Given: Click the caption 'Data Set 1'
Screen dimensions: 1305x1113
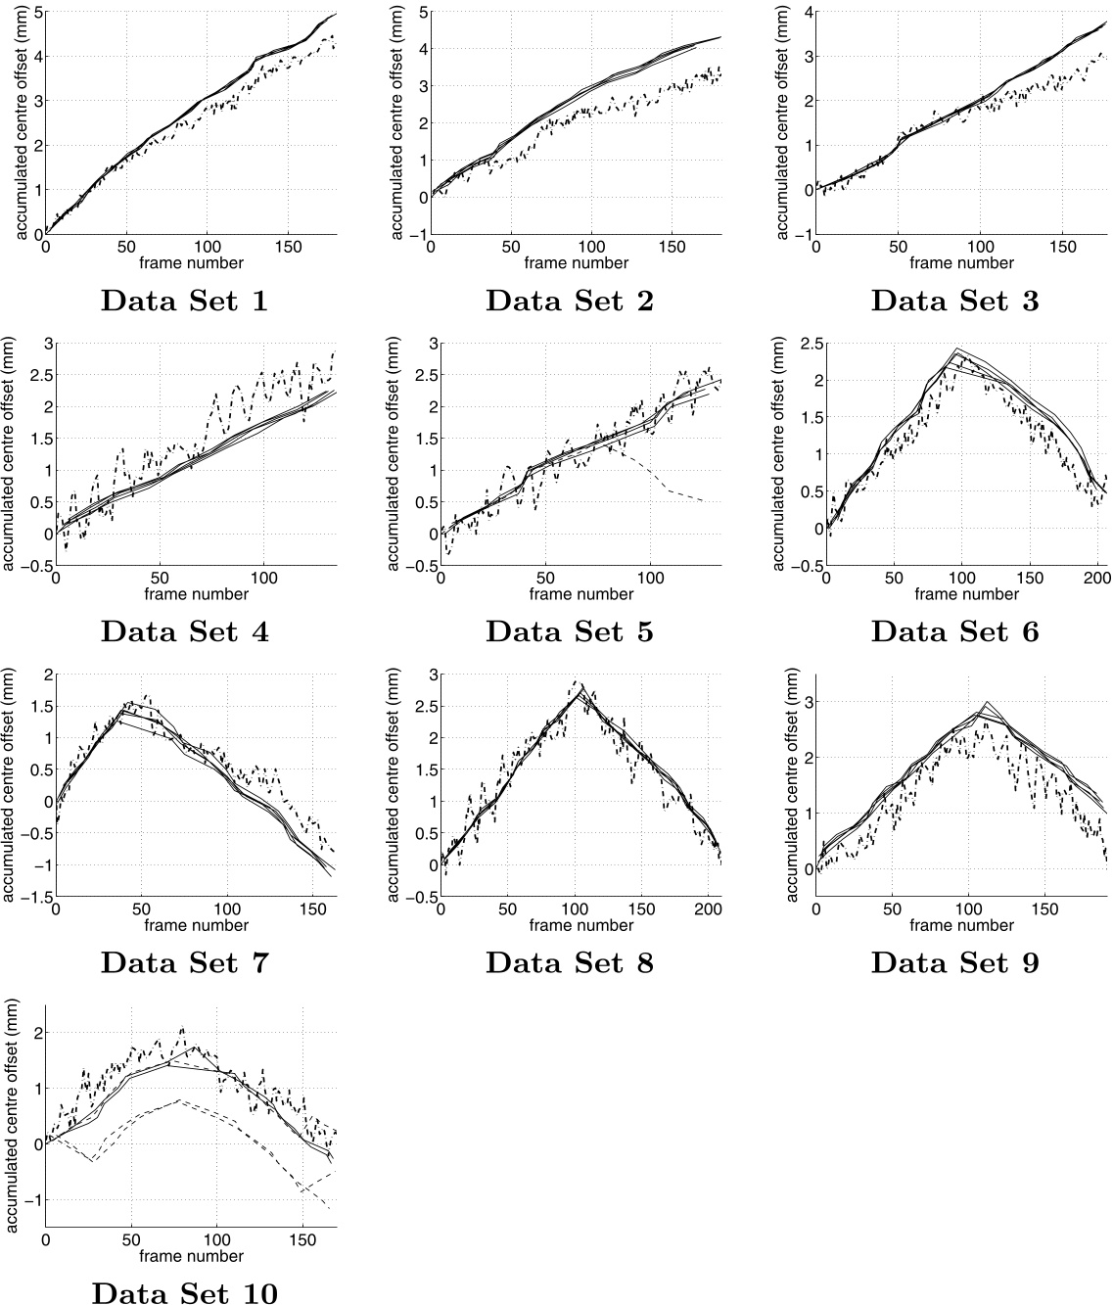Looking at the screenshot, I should pyautogui.click(x=184, y=302).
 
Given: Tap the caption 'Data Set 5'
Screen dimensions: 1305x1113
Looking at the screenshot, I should pyautogui.click(x=569, y=631).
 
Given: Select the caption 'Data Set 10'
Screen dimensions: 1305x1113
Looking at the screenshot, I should pyautogui.click(x=184, y=1293).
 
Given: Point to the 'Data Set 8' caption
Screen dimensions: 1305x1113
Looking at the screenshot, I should pyautogui.click(x=569, y=962).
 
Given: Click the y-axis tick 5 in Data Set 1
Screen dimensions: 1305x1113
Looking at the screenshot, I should pyautogui.click(x=36, y=13).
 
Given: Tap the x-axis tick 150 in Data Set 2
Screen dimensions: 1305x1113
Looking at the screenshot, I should pyautogui.click(x=672, y=249).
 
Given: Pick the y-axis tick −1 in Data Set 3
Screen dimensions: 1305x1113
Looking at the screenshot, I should pyautogui.click(x=804, y=235).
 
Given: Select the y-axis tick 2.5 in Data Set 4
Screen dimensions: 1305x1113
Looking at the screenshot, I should pyautogui.click(x=32, y=375).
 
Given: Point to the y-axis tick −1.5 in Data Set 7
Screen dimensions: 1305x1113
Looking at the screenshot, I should pyautogui.click(x=32, y=898).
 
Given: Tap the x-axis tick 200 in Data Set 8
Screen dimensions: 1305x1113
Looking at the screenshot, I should pyautogui.click(x=707, y=910).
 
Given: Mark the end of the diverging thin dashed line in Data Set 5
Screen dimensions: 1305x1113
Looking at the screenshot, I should pyautogui.click(x=704, y=501).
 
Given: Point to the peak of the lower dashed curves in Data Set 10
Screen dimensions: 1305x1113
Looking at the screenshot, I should pyautogui.click(x=179, y=1100).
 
